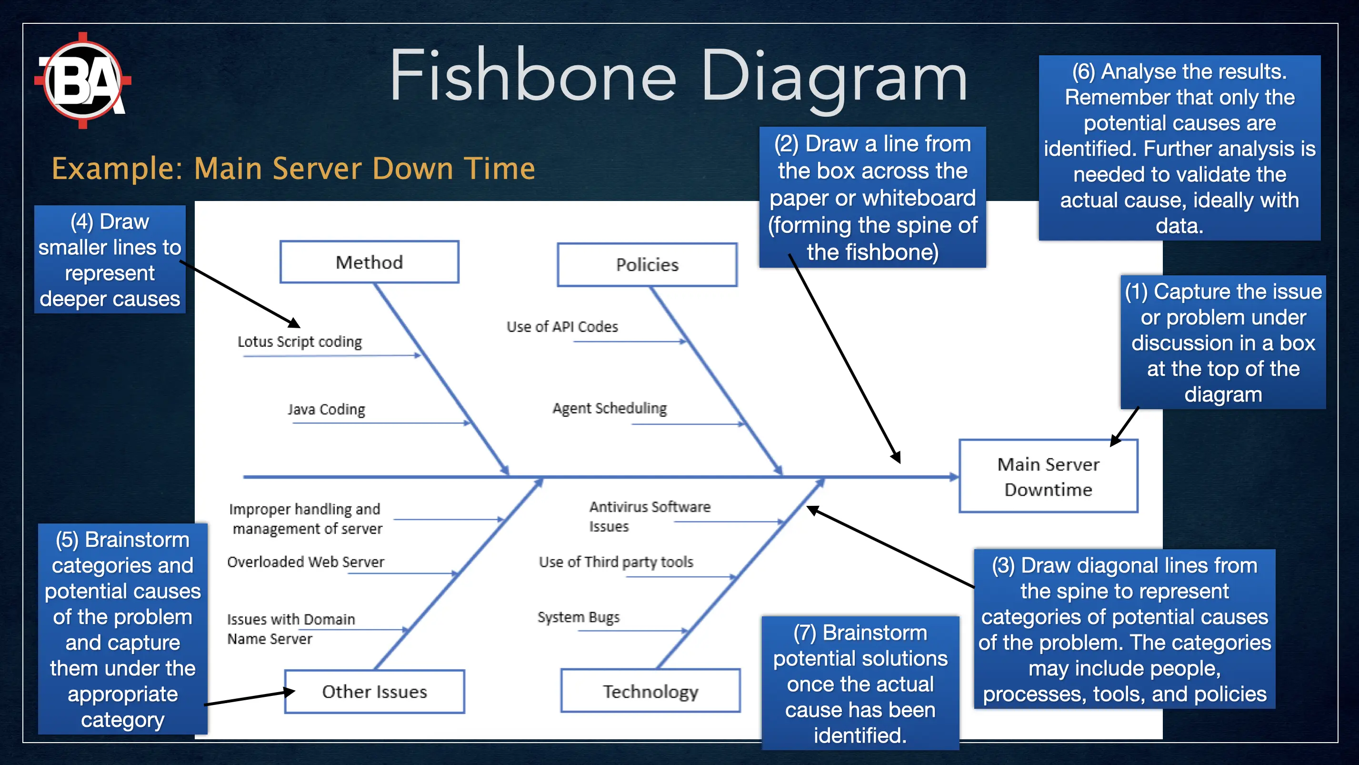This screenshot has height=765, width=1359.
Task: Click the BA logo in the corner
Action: click(83, 81)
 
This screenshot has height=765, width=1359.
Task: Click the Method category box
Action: click(370, 262)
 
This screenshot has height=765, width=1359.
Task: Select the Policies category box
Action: click(647, 265)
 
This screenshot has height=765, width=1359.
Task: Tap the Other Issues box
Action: click(375, 692)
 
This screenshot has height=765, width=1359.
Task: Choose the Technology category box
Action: click(650, 691)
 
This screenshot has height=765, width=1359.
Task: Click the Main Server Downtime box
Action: click(1048, 476)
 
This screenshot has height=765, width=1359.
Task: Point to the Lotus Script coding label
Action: click(300, 342)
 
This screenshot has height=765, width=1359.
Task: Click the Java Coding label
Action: click(327, 409)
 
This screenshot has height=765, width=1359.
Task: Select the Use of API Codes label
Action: click(562, 327)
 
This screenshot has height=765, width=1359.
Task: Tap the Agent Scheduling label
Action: click(610, 408)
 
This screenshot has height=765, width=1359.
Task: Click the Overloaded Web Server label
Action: click(305, 562)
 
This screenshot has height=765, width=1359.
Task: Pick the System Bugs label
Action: click(578, 617)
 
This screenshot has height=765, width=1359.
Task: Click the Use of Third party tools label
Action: click(616, 562)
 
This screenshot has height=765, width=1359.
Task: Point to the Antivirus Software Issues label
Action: click(649, 516)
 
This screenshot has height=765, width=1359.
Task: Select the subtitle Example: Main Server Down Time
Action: click(293, 169)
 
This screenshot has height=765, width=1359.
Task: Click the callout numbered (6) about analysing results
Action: click(1179, 148)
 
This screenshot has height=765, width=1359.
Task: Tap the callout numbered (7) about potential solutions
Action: click(860, 683)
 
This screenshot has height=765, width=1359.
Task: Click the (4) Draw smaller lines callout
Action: click(110, 260)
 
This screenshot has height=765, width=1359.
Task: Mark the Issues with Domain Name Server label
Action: click(290, 628)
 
